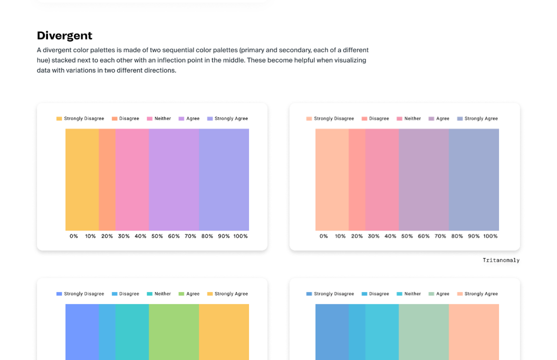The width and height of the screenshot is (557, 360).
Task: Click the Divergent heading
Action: point(64,35)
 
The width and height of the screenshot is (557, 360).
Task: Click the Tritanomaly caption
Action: point(500,260)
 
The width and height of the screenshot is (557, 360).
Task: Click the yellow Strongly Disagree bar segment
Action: point(82,179)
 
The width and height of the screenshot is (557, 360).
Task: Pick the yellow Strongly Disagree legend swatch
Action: point(59,118)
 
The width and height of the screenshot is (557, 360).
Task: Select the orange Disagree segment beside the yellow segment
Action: point(107,179)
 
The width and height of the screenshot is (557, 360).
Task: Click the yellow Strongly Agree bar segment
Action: point(223,330)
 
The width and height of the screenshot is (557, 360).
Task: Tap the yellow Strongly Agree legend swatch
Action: point(209,294)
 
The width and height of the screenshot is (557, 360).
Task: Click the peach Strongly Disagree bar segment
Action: point(331,179)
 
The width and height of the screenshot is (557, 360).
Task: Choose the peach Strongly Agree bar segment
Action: point(473,330)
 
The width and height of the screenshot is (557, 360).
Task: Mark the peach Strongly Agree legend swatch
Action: point(459,294)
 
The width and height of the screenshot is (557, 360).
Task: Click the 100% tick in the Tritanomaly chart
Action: point(490,236)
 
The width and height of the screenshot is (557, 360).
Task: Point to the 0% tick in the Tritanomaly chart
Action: point(323,236)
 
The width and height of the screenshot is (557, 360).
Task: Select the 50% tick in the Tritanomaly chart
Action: point(407,236)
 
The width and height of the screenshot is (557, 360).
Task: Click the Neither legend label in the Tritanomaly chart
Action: point(412,118)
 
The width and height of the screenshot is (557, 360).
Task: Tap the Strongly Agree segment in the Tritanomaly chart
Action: point(473,179)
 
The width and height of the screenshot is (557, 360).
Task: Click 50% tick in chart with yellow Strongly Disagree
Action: point(157,236)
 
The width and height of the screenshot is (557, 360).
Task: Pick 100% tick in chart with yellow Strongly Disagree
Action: point(240,236)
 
